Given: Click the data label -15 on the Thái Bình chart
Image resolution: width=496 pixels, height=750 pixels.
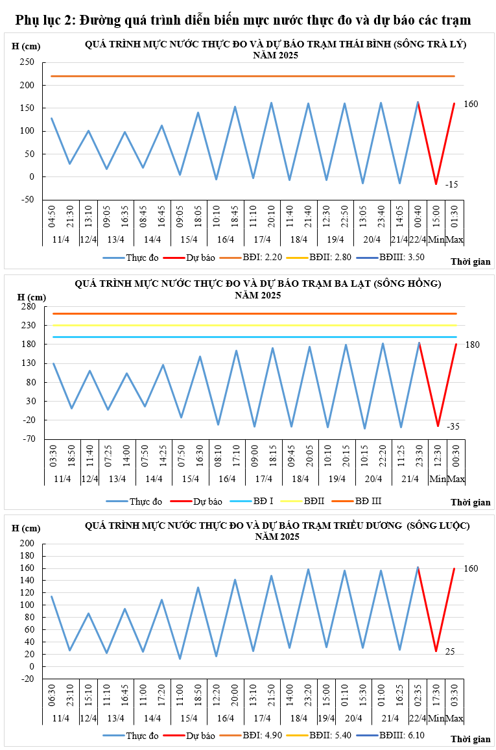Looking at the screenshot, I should pyautogui.click(x=452, y=185).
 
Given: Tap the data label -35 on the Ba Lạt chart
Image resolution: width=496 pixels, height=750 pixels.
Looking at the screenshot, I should pyautogui.click(x=453, y=426).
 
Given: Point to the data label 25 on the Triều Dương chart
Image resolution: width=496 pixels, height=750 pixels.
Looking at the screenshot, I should pyautogui.click(x=451, y=651).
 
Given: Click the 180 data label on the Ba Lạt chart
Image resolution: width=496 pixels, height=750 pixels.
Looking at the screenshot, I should pyautogui.click(x=472, y=345).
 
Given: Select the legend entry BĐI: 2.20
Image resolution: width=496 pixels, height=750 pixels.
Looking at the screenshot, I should pyautogui.click(x=261, y=258).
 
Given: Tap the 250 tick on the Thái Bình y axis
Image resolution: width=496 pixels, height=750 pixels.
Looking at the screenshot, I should pyautogui.click(x=27, y=62).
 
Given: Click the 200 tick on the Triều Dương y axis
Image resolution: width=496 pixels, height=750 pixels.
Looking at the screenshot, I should pyautogui.click(x=27, y=544).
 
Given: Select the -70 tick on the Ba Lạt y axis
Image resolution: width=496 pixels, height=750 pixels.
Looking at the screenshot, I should pyautogui.click(x=28, y=439).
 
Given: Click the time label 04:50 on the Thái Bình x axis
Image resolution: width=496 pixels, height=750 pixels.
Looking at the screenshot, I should pyautogui.click(x=52, y=213).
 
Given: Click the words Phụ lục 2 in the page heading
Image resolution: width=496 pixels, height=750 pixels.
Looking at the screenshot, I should pyautogui.click(x=44, y=21).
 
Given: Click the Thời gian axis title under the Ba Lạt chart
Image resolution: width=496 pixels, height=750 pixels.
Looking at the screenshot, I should pyautogui.click(x=471, y=502).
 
